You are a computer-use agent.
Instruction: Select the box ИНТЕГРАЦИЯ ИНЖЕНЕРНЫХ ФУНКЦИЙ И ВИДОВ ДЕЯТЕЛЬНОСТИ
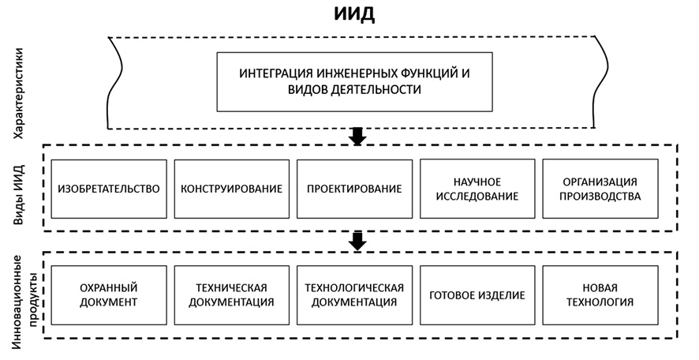point(354,81)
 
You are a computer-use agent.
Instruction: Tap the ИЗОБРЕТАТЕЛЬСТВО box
point(109,189)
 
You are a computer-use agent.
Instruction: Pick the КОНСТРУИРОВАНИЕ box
point(232,189)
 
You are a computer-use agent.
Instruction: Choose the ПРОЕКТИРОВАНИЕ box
point(354,189)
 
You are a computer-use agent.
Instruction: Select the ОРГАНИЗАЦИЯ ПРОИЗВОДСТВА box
point(600,189)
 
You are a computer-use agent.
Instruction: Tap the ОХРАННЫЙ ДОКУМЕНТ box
point(109,294)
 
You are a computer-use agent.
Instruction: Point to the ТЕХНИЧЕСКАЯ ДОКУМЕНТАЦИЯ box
point(232,294)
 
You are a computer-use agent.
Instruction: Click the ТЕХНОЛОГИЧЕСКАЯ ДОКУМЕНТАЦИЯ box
point(354,294)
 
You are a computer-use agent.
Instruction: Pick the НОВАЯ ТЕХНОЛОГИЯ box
point(600,294)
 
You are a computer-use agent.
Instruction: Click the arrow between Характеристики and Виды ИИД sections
point(357,136)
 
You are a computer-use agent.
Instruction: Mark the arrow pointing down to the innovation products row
point(357,241)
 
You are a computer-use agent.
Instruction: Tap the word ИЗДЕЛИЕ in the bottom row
point(502,294)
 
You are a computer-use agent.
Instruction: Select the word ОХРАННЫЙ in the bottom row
point(109,287)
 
